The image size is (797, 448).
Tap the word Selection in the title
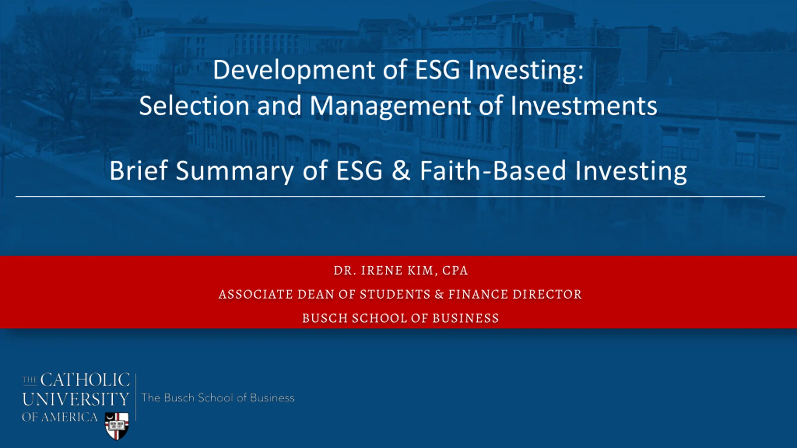pos(194,106)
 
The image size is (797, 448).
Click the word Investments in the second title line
pos(584,106)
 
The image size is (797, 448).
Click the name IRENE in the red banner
pos(382,270)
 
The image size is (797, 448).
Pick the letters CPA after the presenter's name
pos(455,270)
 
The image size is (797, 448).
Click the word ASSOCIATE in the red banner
pos(256,294)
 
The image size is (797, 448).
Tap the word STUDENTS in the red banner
pos(395,294)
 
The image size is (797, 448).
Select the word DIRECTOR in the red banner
pos(547,294)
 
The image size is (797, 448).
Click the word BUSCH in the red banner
pos(325,318)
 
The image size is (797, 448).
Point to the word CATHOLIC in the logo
pos(85,380)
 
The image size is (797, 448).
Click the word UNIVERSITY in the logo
pos(76,399)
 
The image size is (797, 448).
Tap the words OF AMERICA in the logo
pos(60,417)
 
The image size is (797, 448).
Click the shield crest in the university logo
pos(117,426)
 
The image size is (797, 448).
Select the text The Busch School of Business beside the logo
pos(218,398)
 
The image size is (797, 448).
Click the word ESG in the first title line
pos(437,70)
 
